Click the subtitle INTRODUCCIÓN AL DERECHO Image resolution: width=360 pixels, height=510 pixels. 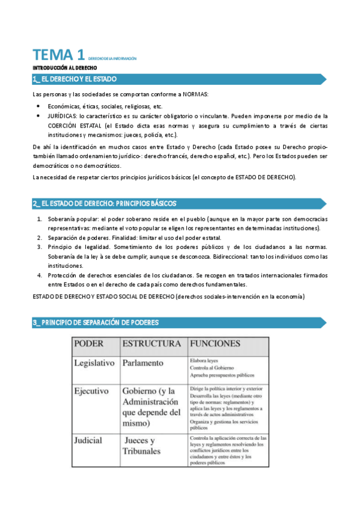(x=61, y=69)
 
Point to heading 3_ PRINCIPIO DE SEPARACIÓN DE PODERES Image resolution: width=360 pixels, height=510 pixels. (x=96, y=323)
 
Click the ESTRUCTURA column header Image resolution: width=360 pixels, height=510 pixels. (x=151, y=343)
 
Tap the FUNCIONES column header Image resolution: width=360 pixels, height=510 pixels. (x=215, y=343)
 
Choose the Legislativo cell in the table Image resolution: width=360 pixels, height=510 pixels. (x=95, y=363)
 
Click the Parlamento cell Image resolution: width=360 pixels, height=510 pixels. (x=142, y=363)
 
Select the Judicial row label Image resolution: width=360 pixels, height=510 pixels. (x=88, y=440)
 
